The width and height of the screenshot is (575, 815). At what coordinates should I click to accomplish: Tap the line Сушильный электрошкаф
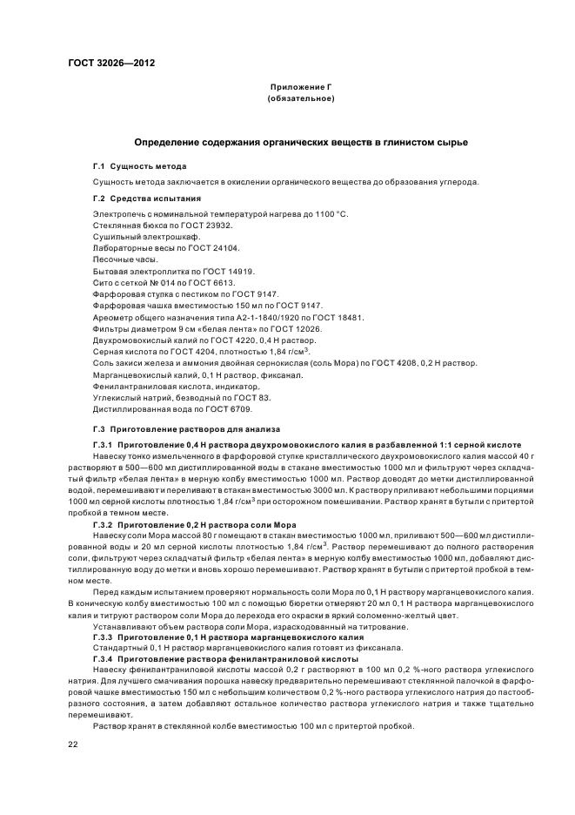coord(146,237)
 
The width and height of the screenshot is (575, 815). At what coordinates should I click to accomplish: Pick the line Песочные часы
coord(126,259)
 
